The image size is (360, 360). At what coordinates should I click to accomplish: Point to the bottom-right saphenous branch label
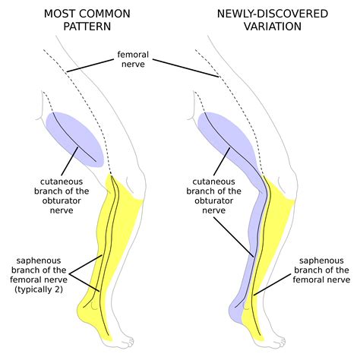pos(322,270)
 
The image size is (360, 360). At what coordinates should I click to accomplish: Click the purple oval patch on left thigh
pos(74,137)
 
